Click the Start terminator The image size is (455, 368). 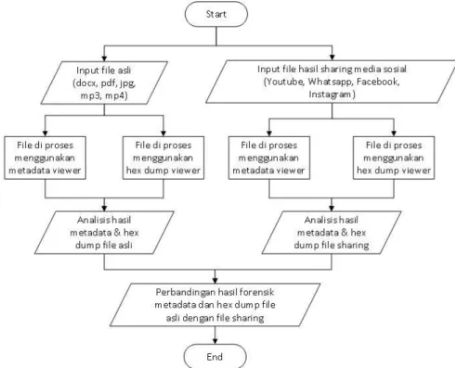tap(216, 14)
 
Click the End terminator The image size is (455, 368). tap(215, 356)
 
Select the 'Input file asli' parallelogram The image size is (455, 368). tap(104, 82)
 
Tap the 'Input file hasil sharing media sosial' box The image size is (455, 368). tap(331, 82)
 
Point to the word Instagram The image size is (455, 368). tap(331, 94)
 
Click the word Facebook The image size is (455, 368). tap(378, 82)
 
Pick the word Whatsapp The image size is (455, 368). tap(330, 82)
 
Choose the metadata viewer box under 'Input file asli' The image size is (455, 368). tap(45, 158)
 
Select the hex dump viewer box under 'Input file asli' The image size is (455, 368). tap(163, 158)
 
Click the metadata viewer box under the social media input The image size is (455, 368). tap(269, 158)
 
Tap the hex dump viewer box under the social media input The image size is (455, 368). tap(394, 158)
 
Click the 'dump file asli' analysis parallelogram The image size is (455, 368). tap(104, 233)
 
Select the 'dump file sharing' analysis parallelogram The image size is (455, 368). tap(331, 233)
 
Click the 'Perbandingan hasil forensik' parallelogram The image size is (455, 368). tap(215, 305)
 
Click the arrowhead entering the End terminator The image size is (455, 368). tap(215, 341)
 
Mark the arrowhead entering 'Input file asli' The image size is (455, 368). tap(104, 58)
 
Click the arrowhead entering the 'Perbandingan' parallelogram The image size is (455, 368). tap(215, 281)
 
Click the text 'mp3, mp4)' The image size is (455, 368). tap(104, 95)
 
